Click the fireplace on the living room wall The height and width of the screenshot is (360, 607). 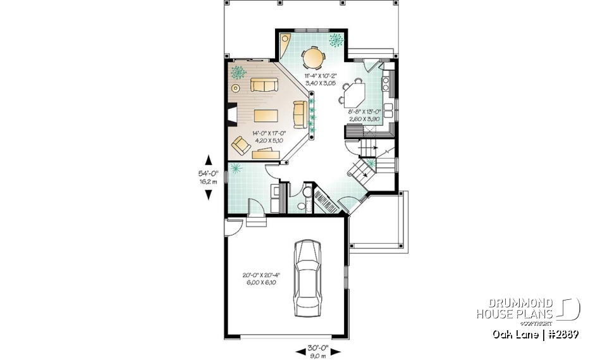[231, 116]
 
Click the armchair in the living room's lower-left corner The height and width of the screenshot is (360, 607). [241, 146]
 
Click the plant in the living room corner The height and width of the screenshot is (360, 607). [238, 72]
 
